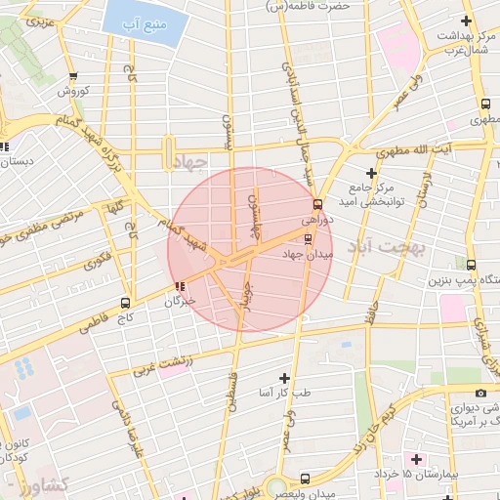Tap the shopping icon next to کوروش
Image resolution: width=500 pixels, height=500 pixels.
click(73, 76)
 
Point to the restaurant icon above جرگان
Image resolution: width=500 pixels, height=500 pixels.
click(179, 286)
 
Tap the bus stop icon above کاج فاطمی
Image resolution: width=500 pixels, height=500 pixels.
click(124, 302)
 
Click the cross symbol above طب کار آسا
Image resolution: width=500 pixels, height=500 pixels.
click(284, 378)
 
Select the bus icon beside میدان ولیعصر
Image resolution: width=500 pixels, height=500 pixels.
click(305, 479)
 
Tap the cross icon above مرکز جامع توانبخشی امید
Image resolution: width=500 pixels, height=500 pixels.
click(371, 173)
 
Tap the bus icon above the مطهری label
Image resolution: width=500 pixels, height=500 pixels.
click(485, 104)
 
